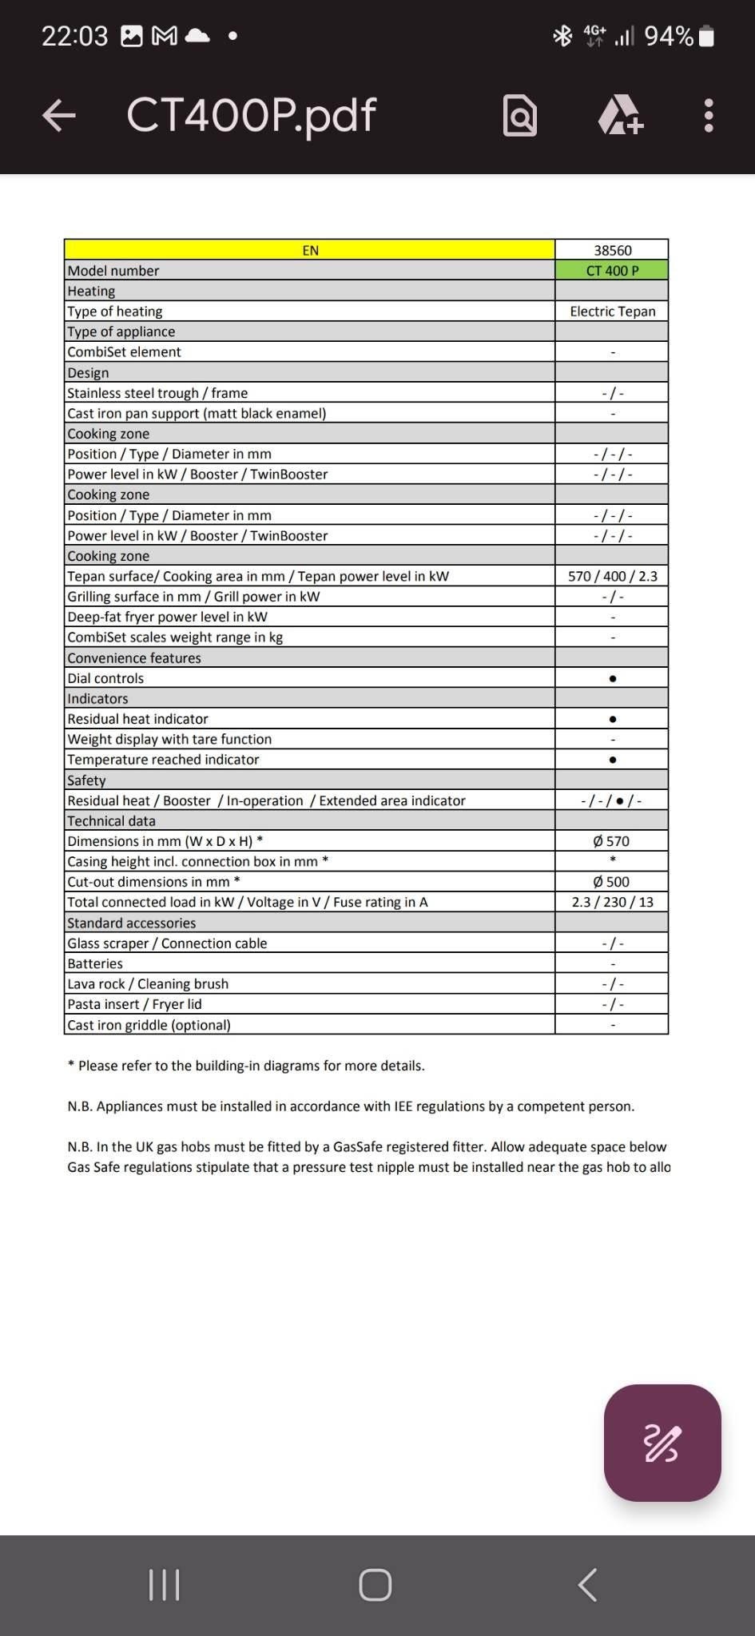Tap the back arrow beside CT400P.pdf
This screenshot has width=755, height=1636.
[x=58, y=116]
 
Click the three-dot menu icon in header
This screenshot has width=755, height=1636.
[x=708, y=116]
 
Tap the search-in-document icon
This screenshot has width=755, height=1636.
[x=520, y=116]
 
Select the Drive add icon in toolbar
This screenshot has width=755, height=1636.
[x=621, y=116]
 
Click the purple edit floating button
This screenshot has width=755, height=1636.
[x=662, y=1443]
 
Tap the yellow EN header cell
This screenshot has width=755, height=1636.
[x=310, y=250]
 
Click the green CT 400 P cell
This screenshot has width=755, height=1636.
[x=612, y=271]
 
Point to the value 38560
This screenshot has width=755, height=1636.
[x=612, y=250]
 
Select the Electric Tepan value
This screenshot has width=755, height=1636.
[x=612, y=312]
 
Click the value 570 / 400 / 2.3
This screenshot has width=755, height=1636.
[x=612, y=576]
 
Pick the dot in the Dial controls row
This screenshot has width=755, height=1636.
[x=612, y=678]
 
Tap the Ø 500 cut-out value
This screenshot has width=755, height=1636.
[x=611, y=882]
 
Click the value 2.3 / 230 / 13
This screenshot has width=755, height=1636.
[x=612, y=902]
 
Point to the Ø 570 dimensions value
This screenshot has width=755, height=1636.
[x=611, y=841]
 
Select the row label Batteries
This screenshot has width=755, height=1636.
[x=95, y=963]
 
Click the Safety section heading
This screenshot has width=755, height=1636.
[x=86, y=780]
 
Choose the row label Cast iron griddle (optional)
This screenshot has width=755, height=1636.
[x=149, y=1025]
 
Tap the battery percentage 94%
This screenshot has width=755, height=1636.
[x=669, y=36]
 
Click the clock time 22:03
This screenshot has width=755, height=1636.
[x=74, y=36]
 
